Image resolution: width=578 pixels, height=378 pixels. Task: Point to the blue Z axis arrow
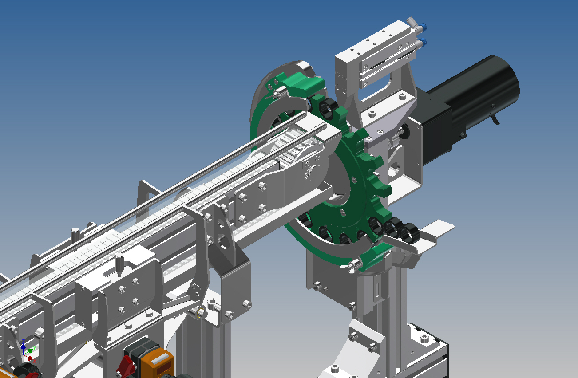pos(23,344)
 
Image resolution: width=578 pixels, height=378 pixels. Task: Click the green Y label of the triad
pos(35,349)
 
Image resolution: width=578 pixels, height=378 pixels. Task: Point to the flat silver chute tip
pos(439,228)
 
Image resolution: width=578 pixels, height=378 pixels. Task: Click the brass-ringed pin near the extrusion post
pos(201,312)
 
